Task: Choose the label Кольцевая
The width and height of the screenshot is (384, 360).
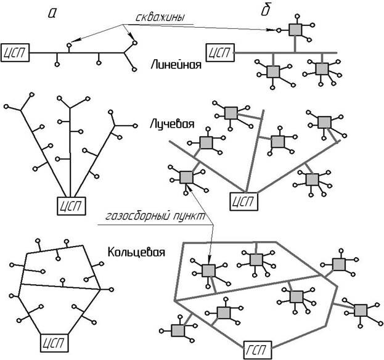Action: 136,252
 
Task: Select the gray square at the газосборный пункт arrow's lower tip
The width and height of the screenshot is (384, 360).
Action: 208,269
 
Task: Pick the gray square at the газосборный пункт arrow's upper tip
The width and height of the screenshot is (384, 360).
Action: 186,177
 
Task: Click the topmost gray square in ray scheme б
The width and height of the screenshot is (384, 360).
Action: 231,113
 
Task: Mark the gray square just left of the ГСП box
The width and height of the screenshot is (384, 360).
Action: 179,330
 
